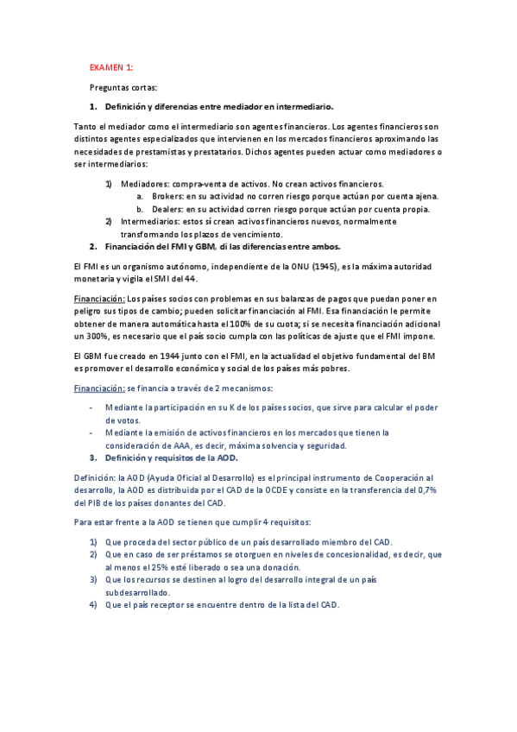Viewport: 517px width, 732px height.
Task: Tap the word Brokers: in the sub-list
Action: tap(167, 196)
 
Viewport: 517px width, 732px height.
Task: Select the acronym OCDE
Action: tap(303, 489)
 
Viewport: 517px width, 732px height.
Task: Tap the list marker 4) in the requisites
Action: tap(92, 604)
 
